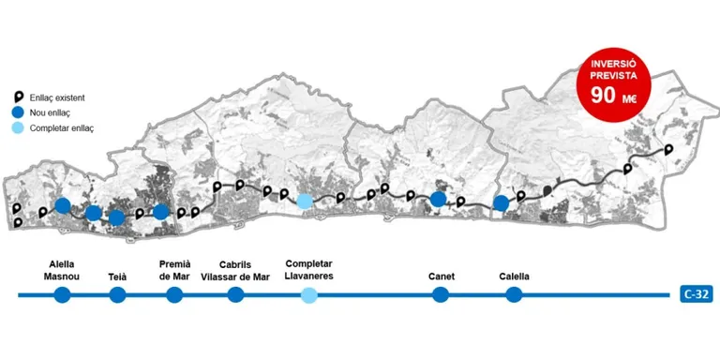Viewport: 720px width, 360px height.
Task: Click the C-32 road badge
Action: tap(697, 294)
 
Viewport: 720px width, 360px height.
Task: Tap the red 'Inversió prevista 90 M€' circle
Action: tap(613, 85)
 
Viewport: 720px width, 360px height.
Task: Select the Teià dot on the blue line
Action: tap(117, 294)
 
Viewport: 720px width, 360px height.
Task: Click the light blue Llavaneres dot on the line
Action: tap(309, 294)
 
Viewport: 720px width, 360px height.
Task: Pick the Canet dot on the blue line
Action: tap(441, 294)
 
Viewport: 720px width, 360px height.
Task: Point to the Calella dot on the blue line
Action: tap(514, 294)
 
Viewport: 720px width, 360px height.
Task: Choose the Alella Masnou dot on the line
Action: tap(62, 294)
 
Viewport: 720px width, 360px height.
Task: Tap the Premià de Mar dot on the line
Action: tap(174, 294)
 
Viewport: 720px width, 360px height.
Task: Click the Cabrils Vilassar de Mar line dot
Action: tap(235, 294)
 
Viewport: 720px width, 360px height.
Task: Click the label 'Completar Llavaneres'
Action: tap(309, 270)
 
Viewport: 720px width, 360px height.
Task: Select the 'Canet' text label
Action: tap(442, 277)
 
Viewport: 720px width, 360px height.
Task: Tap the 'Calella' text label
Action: tap(515, 277)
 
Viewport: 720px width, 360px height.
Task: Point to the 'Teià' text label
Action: tap(118, 277)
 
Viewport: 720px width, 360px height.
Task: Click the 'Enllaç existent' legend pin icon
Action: tap(19, 97)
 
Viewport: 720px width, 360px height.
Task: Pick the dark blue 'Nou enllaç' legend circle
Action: tap(19, 112)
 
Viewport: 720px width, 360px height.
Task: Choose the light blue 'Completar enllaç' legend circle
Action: tap(19, 128)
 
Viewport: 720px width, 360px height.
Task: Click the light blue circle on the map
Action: tap(304, 202)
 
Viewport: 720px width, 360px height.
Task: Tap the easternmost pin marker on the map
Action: tap(669, 149)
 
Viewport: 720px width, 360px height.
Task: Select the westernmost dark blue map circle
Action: tap(63, 205)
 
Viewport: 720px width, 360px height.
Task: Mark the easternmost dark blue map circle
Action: tap(501, 202)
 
